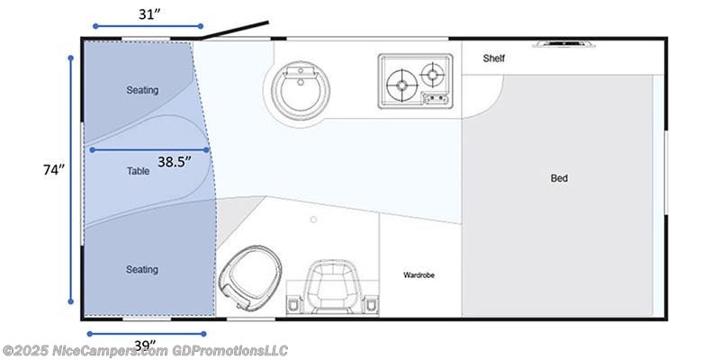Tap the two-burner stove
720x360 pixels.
click(415, 80)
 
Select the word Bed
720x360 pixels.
click(559, 178)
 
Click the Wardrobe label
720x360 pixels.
click(418, 274)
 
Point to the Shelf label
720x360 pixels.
click(493, 58)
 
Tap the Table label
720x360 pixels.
click(138, 169)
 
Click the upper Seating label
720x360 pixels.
click(142, 90)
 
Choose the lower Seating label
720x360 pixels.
click(142, 269)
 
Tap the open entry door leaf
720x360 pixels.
click(236, 31)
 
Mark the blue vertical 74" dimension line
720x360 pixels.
click(71, 180)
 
